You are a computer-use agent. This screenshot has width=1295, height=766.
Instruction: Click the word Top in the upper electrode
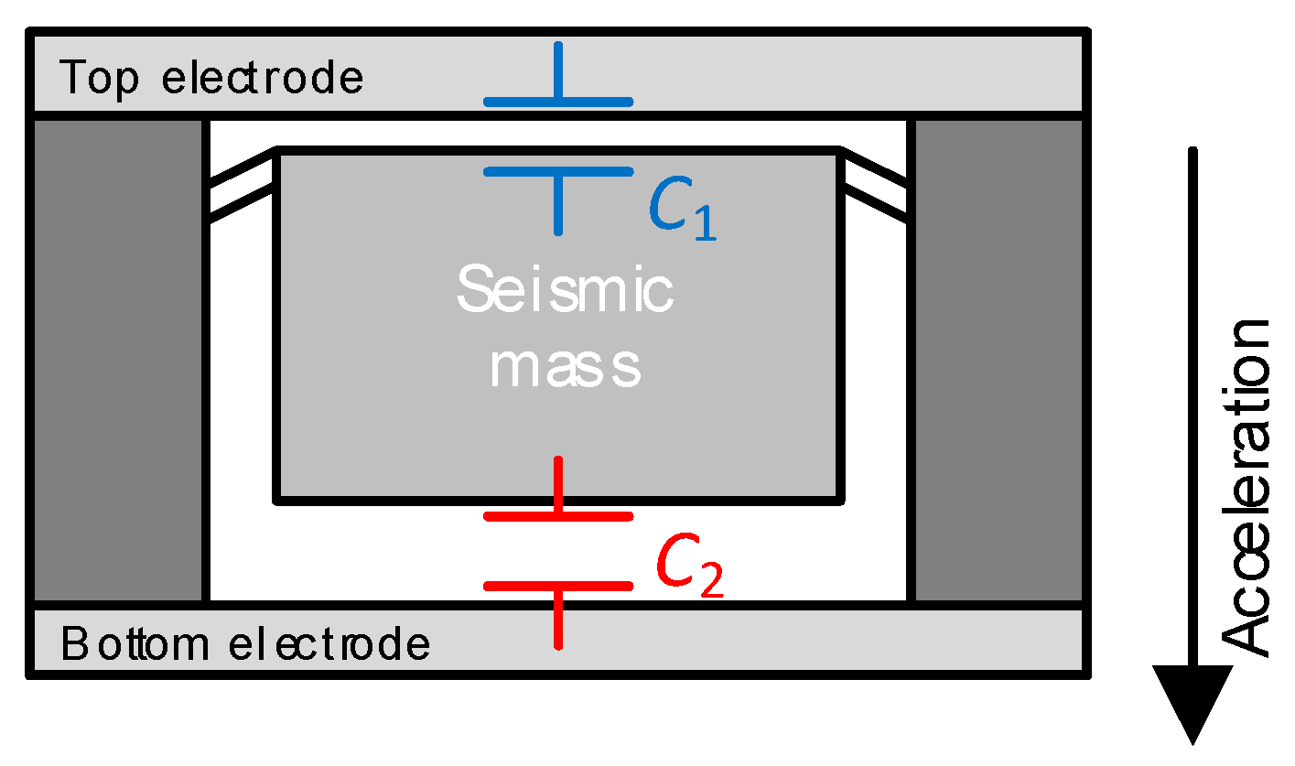click(99, 78)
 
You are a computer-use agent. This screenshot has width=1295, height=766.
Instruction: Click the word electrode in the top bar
click(262, 78)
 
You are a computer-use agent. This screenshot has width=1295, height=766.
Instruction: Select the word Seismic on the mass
click(565, 291)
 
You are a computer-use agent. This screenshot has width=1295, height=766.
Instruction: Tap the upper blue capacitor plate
click(558, 102)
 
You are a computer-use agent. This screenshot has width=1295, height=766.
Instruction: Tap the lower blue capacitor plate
click(558, 171)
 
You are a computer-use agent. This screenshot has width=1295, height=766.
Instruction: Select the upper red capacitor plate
click(558, 517)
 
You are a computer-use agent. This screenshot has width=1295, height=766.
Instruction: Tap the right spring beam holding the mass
click(875, 183)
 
